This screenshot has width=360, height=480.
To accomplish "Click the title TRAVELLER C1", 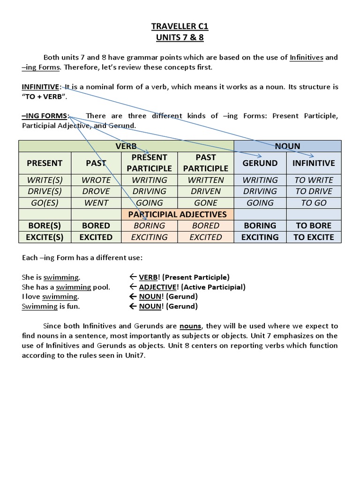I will pyautogui.click(x=180, y=27).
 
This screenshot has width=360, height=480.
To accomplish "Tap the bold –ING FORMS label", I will pyautogui.click(x=45, y=116).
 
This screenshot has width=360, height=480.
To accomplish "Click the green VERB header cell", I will pyautogui.click(x=126, y=146).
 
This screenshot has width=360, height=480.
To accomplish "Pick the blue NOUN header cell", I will pyautogui.click(x=287, y=146).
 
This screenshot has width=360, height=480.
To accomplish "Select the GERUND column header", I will pyautogui.click(x=260, y=163).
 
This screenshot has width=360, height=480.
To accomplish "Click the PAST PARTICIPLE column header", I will pyautogui.click(x=205, y=163).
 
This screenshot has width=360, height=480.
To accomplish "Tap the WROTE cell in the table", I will pyautogui.click(x=96, y=180).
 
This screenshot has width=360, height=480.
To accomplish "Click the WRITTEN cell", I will pyautogui.click(x=205, y=180).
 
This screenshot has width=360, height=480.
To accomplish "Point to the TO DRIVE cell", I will pyautogui.click(x=314, y=191).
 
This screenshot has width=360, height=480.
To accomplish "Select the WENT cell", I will pyautogui.click(x=96, y=203).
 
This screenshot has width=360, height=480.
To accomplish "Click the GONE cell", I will pyautogui.click(x=205, y=203).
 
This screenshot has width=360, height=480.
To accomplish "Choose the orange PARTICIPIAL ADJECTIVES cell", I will pyautogui.click(x=177, y=214).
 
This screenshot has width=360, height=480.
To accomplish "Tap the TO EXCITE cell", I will pyautogui.click(x=314, y=237).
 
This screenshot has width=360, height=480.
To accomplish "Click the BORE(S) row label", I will pyautogui.click(x=45, y=225).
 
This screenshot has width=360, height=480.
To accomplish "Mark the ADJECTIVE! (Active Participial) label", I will pyautogui.click(x=192, y=287).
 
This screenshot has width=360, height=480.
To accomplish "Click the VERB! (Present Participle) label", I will pyautogui.click(x=184, y=277).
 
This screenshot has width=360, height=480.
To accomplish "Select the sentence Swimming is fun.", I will pyautogui.click(x=51, y=307).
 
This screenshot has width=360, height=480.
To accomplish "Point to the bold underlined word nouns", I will pyautogui.click(x=190, y=326).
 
